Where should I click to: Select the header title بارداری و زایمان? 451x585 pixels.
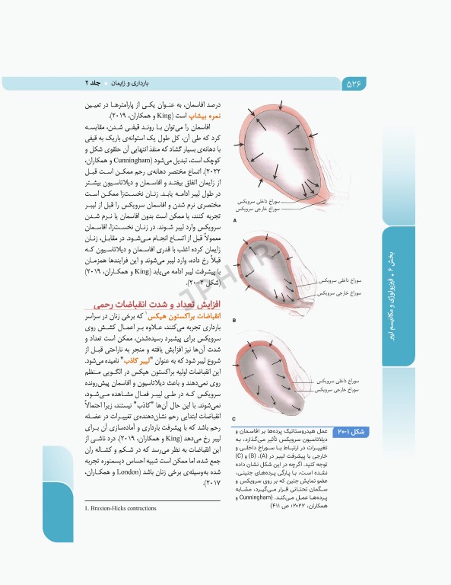(x=136, y=82)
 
